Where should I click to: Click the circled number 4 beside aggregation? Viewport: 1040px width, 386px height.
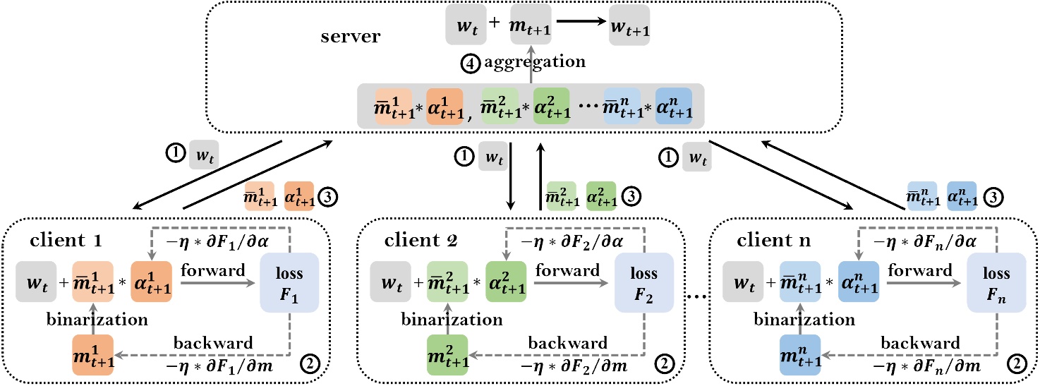(x=471, y=61)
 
